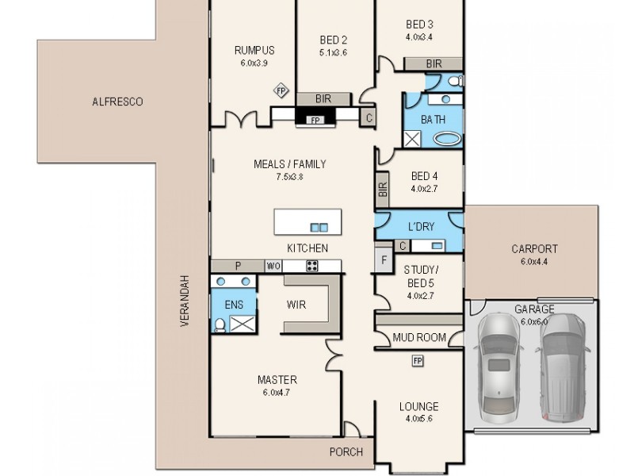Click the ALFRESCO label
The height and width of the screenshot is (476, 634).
pyautogui.click(x=117, y=102)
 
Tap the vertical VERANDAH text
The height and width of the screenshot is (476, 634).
pyautogui.click(x=184, y=301)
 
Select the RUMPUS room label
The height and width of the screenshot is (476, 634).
pyautogui.click(x=254, y=51)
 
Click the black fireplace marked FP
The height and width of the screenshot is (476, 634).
pyautogui.click(x=315, y=120)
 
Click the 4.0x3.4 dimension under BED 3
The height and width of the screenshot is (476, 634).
pyautogui.click(x=419, y=36)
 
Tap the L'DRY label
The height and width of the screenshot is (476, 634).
pyautogui.click(x=420, y=227)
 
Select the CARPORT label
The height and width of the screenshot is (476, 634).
pyautogui.click(x=534, y=248)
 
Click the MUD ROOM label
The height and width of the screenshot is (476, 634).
pyautogui.click(x=419, y=337)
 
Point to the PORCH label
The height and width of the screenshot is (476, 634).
pyautogui.click(x=346, y=452)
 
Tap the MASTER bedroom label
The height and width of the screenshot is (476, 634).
pyautogui.click(x=277, y=379)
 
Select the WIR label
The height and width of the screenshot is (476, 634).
pyautogui.click(x=296, y=305)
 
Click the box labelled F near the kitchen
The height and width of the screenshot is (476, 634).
pyautogui.click(x=384, y=259)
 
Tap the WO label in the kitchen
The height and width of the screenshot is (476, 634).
pyautogui.click(x=273, y=266)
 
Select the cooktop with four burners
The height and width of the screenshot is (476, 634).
pyautogui.click(x=312, y=266)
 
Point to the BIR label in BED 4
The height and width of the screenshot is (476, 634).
pyautogui.click(x=383, y=189)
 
